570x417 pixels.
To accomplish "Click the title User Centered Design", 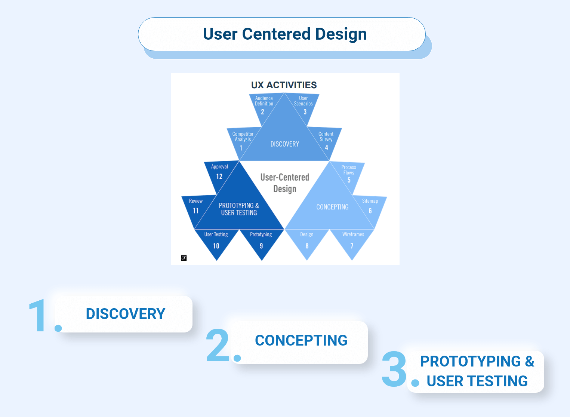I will point(284,34).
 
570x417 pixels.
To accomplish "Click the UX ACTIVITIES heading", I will point(284,85).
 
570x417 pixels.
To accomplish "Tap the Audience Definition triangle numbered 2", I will point(263,106).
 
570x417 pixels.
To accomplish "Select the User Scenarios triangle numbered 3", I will point(304,106).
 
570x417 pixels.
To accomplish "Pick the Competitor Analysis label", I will point(243,137).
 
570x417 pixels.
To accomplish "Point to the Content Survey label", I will point(326,137).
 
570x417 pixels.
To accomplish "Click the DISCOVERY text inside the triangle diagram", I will point(284,144).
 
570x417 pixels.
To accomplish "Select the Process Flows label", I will point(348,170).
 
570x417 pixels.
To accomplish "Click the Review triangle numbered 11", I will point(195,208).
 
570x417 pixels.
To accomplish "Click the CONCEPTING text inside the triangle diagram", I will point(332,207).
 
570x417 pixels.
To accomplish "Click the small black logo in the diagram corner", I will point(184,258).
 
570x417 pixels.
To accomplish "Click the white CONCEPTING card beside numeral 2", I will point(301,341).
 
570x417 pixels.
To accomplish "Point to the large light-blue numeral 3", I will point(394,369).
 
